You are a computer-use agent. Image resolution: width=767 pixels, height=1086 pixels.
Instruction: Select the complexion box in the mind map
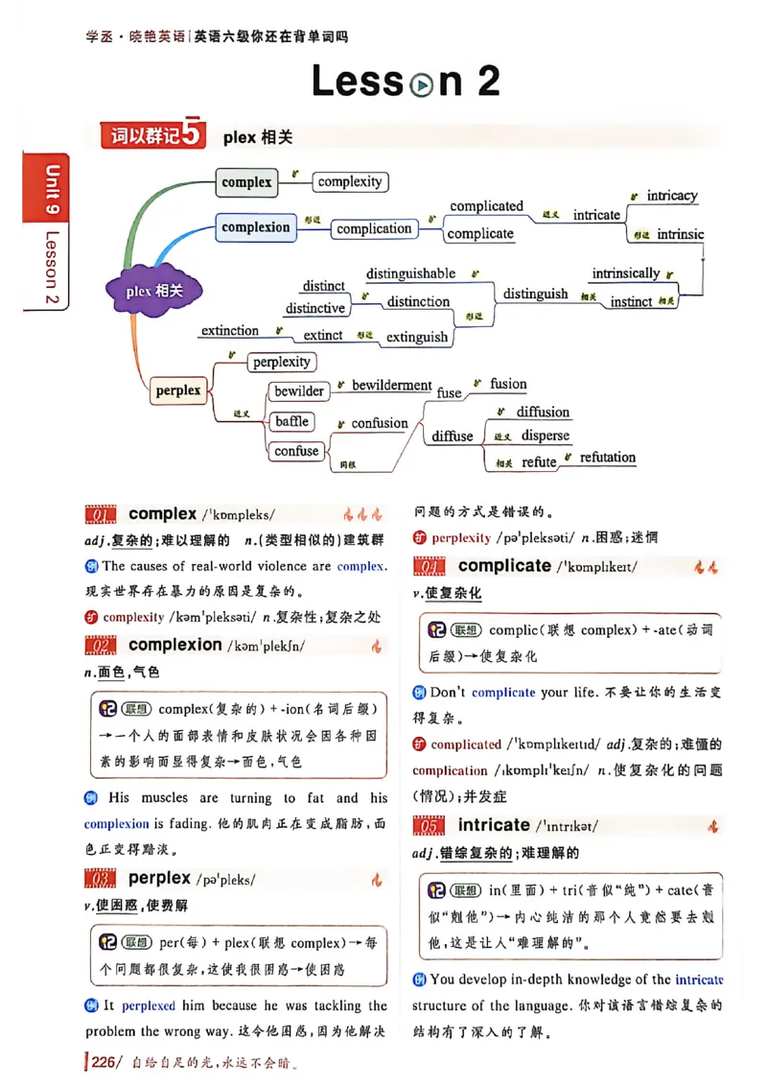[x=255, y=227]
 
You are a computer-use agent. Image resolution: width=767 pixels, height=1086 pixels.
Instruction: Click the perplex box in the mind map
[x=178, y=390]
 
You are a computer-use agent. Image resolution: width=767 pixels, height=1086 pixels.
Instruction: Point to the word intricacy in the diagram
[x=671, y=196]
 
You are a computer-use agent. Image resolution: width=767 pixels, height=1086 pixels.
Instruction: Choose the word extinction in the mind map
[x=230, y=331]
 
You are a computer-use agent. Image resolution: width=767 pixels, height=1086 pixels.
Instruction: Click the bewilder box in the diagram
[x=299, y=390]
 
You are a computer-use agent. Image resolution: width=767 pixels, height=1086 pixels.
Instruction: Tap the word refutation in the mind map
[x=607, y=458]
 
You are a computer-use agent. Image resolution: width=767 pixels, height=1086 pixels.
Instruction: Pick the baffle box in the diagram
[x=291, y=421]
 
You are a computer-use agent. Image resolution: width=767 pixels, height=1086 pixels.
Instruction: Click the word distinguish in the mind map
[x=535, y=295]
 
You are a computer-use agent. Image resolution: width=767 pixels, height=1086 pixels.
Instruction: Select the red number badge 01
[x=101, y=515]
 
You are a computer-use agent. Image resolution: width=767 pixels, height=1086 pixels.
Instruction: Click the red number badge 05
[x=430, y=826]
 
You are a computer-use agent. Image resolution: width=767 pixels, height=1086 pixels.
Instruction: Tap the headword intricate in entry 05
[x=494, y=825]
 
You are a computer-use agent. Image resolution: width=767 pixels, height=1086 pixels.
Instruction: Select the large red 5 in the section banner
[x=193, y=135]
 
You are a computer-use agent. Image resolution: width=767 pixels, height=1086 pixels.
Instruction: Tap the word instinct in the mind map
[x=631, y=301]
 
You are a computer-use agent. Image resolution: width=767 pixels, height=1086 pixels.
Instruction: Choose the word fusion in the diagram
[x=508, y=384]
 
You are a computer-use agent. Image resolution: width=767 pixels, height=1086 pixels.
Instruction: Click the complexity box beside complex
[x=350, y=181]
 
